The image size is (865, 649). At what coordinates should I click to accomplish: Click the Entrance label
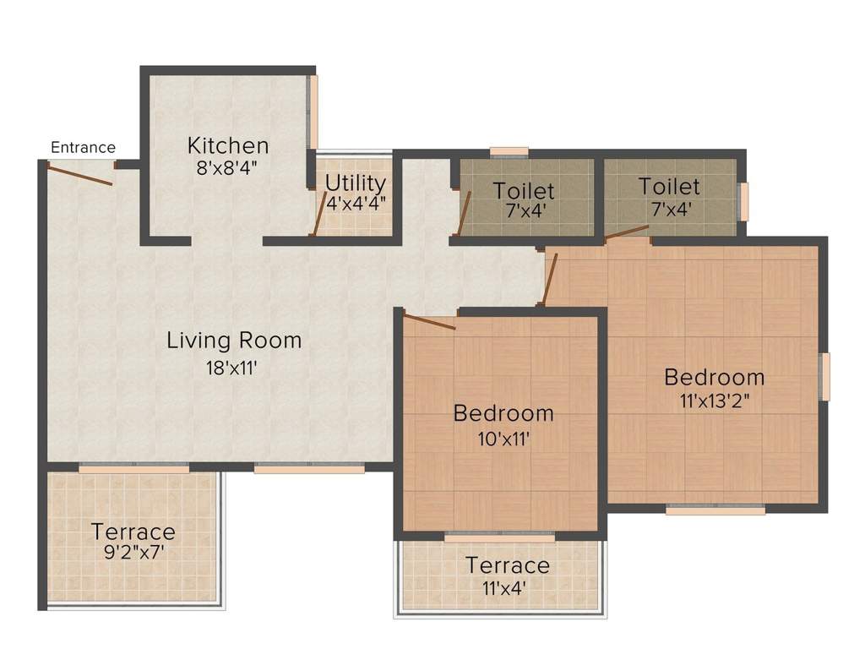[83, 148]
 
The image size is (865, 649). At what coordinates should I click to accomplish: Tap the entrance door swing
[79, 175]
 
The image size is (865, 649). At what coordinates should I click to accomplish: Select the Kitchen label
[228, 145]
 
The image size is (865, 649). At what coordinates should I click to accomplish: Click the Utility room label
[356, 183]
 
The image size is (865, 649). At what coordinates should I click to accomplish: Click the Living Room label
[234, 341]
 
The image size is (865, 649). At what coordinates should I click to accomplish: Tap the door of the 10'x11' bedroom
[430, 321]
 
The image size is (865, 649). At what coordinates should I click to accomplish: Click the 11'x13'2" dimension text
[714, 401]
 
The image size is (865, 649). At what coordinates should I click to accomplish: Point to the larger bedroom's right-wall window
[825, 377]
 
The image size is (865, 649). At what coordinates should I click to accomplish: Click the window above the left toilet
[509, 153]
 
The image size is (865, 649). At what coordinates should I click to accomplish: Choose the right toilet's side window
[743, 202]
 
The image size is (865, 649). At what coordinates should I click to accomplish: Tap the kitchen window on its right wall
[313, 112]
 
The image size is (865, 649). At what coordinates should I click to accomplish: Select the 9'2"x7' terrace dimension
[133, 555]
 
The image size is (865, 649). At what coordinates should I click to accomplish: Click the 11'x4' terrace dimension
[507, 587]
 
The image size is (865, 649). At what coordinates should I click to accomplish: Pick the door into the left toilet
[462, 213]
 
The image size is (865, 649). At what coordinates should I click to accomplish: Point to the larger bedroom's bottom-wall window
[715, 510]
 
